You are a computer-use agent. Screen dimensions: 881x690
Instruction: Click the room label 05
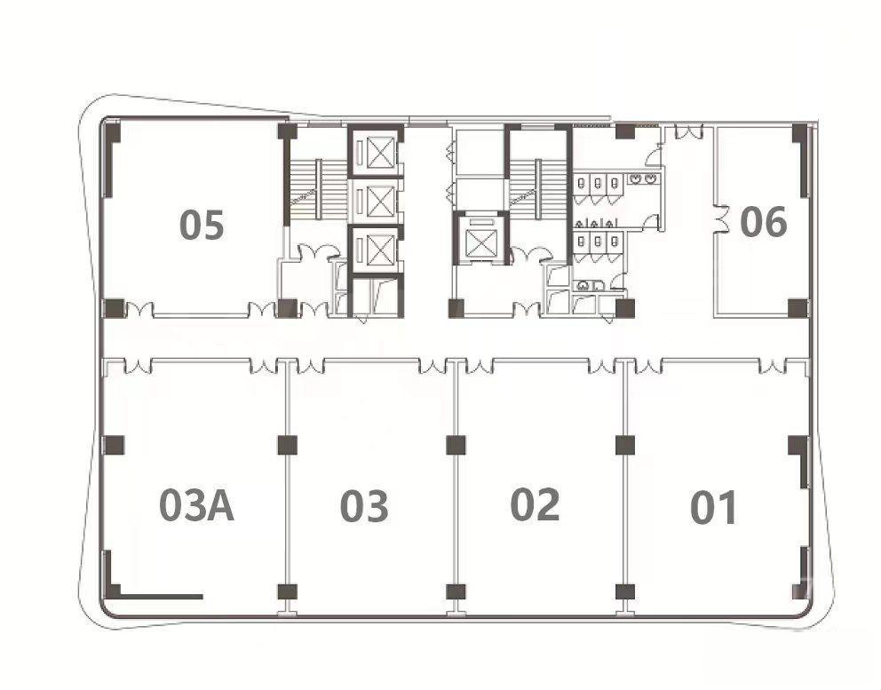tap(202, 225)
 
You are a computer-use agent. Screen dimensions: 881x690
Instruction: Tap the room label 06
tap(764, 221)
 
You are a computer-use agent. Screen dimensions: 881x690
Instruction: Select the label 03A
tap(196, 505)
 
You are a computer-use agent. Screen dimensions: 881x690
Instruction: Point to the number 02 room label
tap(535, 504)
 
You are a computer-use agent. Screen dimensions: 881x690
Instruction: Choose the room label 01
tap(713, 507)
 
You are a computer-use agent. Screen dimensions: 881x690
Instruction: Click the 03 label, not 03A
tap(364, 505)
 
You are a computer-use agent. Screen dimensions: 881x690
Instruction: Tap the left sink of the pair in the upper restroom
tap(636, 179)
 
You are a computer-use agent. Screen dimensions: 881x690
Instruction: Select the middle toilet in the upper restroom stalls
tap(598, 183)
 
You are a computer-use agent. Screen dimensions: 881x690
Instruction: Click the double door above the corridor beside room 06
tap(688, 131)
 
